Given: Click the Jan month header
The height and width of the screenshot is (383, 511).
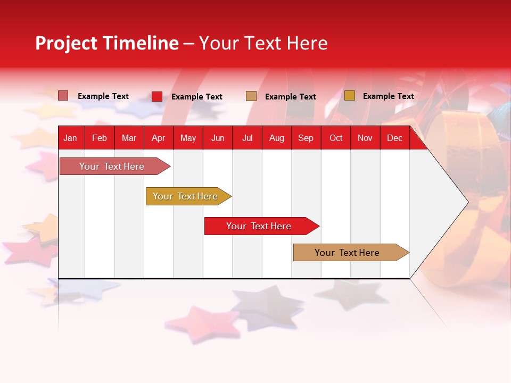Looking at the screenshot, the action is point(70,138).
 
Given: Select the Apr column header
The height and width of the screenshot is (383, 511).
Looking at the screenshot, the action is point(159,138).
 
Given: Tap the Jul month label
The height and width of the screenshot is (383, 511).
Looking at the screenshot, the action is point(248,138).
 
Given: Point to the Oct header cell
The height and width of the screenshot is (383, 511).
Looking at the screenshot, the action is point(336,138).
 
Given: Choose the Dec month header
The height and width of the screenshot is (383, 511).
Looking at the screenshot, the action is point(394,138).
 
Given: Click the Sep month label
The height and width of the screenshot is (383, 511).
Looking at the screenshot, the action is point(306,138).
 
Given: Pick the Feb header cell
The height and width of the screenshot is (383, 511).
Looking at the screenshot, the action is point(100,138).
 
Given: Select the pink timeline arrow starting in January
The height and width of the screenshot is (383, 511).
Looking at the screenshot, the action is point(115,166).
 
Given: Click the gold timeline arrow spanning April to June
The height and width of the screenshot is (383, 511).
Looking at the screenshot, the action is point(188,196).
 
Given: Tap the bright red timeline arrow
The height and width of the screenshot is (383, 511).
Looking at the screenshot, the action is point(262,226).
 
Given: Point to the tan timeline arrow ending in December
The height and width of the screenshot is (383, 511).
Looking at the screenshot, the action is point(351,252).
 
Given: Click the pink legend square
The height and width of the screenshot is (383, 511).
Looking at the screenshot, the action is point(63,95).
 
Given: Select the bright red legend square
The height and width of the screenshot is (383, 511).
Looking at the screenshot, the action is point(157,96).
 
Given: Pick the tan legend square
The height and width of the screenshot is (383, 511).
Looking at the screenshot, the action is point(251,96).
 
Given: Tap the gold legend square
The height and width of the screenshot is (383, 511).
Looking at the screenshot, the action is point(350,95).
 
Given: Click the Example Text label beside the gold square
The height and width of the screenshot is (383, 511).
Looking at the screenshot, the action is point(389,96).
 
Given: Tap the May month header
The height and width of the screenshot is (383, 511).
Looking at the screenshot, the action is point(188,138).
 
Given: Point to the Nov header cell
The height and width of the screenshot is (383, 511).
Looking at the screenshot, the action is point(365,138).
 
